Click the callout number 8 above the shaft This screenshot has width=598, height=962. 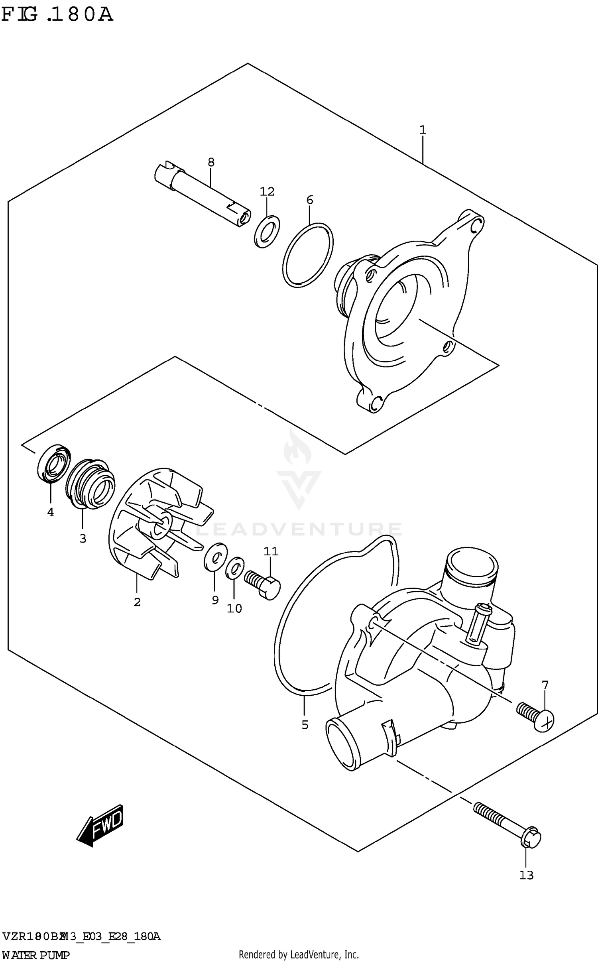pyautogui.click(x=211, y=162)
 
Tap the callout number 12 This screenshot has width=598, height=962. pyautogui.click(x=267, y=192)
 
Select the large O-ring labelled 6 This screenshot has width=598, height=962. pyautogui.click(x=308, y=255)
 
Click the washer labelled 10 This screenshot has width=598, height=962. pyautogui.click(x=234, y=568)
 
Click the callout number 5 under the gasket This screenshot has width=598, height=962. pyautogui.click(x=305, y=725)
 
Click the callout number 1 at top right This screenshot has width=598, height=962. pyautogui.click(x=423, y=130)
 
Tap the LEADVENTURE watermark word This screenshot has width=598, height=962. pyautogui.click(x=299, y=529)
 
